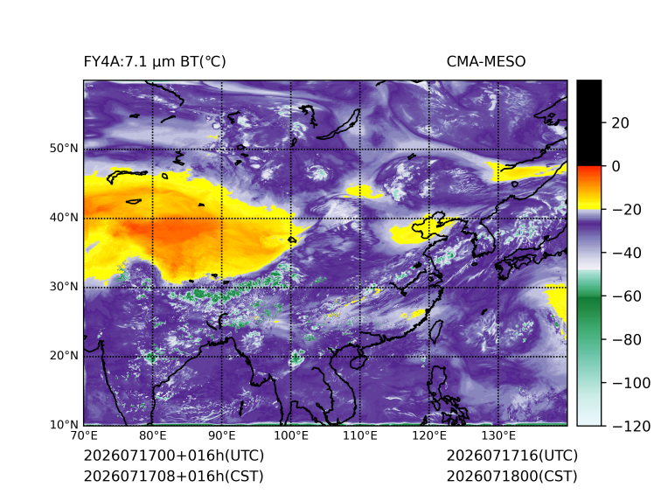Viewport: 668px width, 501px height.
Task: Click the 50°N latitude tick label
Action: (x=64, y=149)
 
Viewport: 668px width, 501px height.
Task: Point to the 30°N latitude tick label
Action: (x=64, y=286)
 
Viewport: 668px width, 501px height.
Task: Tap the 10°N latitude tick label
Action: (x=64, y=424)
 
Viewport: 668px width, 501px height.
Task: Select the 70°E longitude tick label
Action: (x=84, y=435)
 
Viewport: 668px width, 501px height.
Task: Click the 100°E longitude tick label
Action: (x=291, y=435)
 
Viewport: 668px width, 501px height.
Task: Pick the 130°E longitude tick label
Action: (x=498, y=435)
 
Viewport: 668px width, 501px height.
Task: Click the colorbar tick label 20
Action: (x=620, y=123)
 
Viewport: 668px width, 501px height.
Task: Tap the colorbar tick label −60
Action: (x=626, y=296)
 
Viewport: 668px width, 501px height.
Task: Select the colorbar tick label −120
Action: (x=631, y=426)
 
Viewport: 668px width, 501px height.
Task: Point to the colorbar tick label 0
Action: (x=616, y=166)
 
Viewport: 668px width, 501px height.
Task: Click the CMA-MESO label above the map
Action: (x=486, y=62)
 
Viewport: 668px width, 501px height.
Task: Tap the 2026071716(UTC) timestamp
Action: (x=512, y=456)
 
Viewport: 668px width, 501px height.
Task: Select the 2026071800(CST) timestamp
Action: (x=512, y=476)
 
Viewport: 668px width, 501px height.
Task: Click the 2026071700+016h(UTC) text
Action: (x=174, y=456)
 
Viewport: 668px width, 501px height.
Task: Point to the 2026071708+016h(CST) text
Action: (x=174, y=476)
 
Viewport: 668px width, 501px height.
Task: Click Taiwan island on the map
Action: (x=435, y=332)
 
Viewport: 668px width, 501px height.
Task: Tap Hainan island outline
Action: (x=358, y=360)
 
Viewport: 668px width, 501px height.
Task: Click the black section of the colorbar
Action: (x=589, y=122)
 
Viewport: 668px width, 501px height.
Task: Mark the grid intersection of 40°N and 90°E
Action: (x=222, y=218)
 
